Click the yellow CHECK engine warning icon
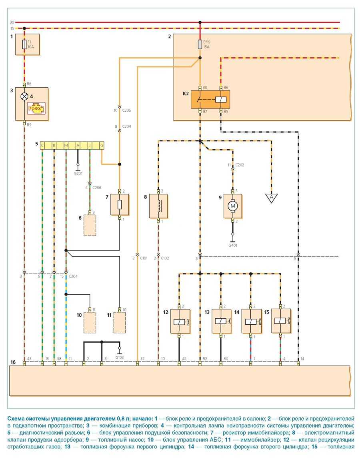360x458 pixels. (x=36, y=108)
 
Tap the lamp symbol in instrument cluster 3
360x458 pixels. (x=24, y=96)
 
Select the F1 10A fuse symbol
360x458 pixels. (x=24, y=44)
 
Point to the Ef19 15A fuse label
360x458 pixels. (x=206, y=44)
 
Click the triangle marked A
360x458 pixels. (x=272, y=197)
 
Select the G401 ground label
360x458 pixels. (x=232, y=245)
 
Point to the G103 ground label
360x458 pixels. (x=120, y=357)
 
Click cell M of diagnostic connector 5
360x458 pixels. (x=66, y=145)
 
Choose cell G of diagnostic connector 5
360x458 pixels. (x=102, y=145)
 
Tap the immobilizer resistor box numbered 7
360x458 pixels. (x=120, y=204)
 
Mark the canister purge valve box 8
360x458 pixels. (x=158, y=206)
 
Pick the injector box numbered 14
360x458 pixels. (x=251, y=321)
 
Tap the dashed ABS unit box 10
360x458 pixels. (x=90, y=321)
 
